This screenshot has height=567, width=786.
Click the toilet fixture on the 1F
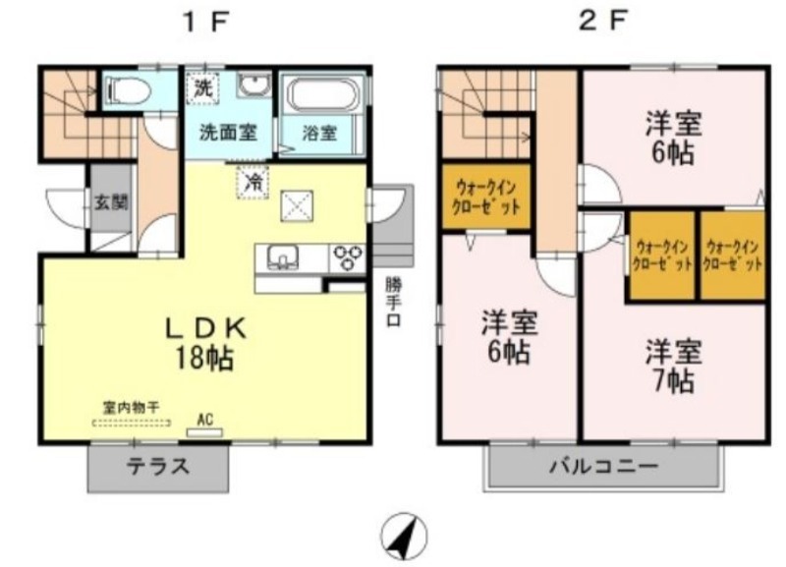(130, 90)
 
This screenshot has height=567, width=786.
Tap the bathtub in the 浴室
(323, 94)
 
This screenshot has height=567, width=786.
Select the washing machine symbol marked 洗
(203, 88)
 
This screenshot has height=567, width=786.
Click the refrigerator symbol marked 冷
(253, 182)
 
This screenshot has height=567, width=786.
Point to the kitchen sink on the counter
(283, 257)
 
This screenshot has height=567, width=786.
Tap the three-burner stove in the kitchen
(347, 257)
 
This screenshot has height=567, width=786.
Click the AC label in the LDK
(204, 420)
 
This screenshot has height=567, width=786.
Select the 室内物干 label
(132, 407)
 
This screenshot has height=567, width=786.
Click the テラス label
(158, 467)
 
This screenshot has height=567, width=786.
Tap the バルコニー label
(604, 467)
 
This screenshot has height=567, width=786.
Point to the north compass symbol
(404, 537)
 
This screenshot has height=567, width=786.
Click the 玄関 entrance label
(111, 202)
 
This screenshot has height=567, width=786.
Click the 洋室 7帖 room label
(673, 366)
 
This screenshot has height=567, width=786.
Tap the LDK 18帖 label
(205, 343)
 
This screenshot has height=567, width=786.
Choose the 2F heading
(603, 21)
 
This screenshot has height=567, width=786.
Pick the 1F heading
(206, 22)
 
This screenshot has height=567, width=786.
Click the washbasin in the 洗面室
(253, 85)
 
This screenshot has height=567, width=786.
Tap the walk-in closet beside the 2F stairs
(485, 198)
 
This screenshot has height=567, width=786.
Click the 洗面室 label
(229, 132)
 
